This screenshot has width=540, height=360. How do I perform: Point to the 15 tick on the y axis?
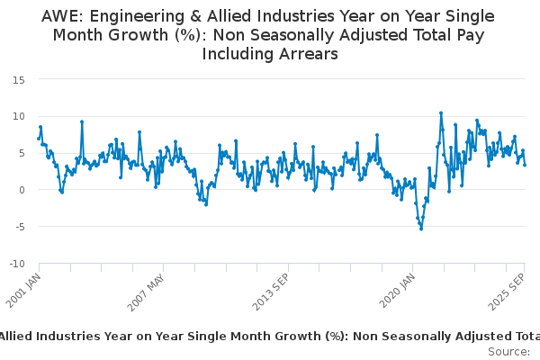pos(18,79)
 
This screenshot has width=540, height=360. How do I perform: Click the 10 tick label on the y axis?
pos(18,116)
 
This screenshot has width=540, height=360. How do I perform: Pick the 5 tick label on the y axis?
pos(21,153)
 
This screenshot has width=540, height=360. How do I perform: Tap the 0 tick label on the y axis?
pos(21,190)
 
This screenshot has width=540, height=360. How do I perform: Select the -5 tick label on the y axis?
pos(19,227)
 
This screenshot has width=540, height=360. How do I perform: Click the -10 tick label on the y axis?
pos(16,264)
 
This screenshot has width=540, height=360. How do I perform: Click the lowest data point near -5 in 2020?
pos(420,229)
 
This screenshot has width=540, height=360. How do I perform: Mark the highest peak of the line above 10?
pos(441,113)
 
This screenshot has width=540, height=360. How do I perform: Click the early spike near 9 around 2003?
pos(82,121)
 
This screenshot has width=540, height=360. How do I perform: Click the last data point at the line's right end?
pos(525,165)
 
